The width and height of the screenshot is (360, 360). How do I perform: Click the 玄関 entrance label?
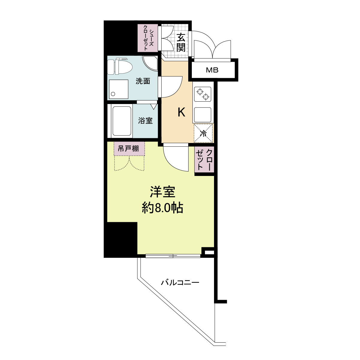[181, 42]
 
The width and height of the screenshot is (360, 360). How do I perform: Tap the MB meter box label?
[212, 70]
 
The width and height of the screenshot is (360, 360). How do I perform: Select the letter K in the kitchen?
[181, 112]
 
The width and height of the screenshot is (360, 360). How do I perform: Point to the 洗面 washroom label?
[143, 81]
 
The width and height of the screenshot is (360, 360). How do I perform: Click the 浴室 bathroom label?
[145, 121]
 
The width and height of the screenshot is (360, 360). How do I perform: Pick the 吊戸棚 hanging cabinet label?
[129, 149]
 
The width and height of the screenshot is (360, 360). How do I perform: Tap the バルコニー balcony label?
[180, 283]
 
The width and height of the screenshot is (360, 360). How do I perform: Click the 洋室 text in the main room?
[162, 192]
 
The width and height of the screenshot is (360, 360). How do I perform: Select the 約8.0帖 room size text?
[162, 208]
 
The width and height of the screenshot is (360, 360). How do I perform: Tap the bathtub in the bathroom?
[122, 121]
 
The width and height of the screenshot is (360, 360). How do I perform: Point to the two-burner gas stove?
[203, 94]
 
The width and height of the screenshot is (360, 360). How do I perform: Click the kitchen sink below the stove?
[203, 115]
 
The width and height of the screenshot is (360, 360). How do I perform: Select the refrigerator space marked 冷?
[203, 133]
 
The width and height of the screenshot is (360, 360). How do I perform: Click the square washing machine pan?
[118, 89]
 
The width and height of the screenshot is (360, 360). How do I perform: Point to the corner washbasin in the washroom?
[151, 63]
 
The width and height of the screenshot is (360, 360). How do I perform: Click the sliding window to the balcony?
[173, 256]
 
